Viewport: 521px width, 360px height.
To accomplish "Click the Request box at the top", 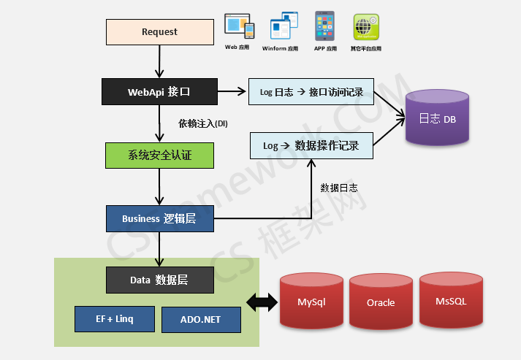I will point(159,32).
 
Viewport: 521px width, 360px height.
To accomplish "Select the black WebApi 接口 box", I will point(159,92).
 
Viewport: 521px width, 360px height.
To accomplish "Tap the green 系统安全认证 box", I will point(159,155).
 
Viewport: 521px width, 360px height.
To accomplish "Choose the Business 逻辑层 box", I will point(159,218).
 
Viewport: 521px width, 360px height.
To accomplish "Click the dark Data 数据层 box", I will point(159,280).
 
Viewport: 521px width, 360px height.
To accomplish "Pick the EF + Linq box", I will point(114,318).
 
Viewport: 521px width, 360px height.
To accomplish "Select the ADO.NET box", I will point(200,319).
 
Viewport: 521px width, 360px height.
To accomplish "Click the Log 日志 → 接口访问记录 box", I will point(311,92).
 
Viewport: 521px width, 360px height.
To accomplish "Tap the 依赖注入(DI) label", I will point(203,123).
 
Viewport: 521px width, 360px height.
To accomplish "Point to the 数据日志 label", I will point(339,188).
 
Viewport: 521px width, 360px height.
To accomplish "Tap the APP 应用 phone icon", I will point(325,26).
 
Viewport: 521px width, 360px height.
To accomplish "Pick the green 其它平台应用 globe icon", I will point(365,27).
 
